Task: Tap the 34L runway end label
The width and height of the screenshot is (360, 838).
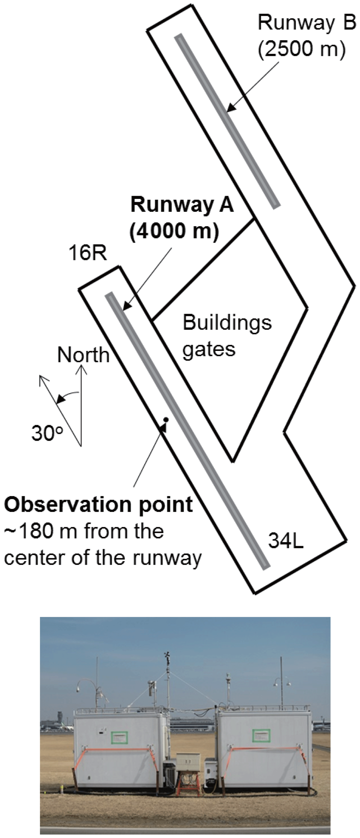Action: pyautogui.click(x=286, y=541)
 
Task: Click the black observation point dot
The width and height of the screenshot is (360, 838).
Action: pyautogui.click(x=166, y=420)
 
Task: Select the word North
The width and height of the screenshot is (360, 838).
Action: pyautogui.click(x=83, y=355)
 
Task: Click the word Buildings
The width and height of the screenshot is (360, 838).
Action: pyautogui.click(x=227, y=323)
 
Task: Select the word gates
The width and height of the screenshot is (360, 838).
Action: pyautogui.click(x=209, y=349)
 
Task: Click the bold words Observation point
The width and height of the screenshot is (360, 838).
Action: pyautogui.click(x=98, y=504)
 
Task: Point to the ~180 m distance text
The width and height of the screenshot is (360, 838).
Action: pyautogui.click(x=38, y=531)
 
